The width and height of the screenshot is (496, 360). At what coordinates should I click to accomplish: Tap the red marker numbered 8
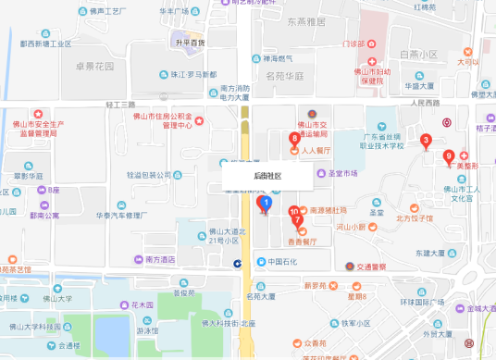tap(294, 140)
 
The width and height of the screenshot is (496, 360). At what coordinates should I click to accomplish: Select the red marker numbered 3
tap(425, 141)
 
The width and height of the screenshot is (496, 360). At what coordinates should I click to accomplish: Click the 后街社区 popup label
tap(267, 175)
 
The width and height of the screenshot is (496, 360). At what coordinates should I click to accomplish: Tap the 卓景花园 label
tap(95, 67)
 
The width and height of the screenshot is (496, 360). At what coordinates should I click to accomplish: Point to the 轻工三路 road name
tap(119, 105)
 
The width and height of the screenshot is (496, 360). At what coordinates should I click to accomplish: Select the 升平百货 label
tap(190, 43)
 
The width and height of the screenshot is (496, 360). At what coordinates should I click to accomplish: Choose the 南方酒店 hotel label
tap(161, 261)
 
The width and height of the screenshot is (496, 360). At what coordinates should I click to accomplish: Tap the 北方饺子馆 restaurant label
tap(415, 219)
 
